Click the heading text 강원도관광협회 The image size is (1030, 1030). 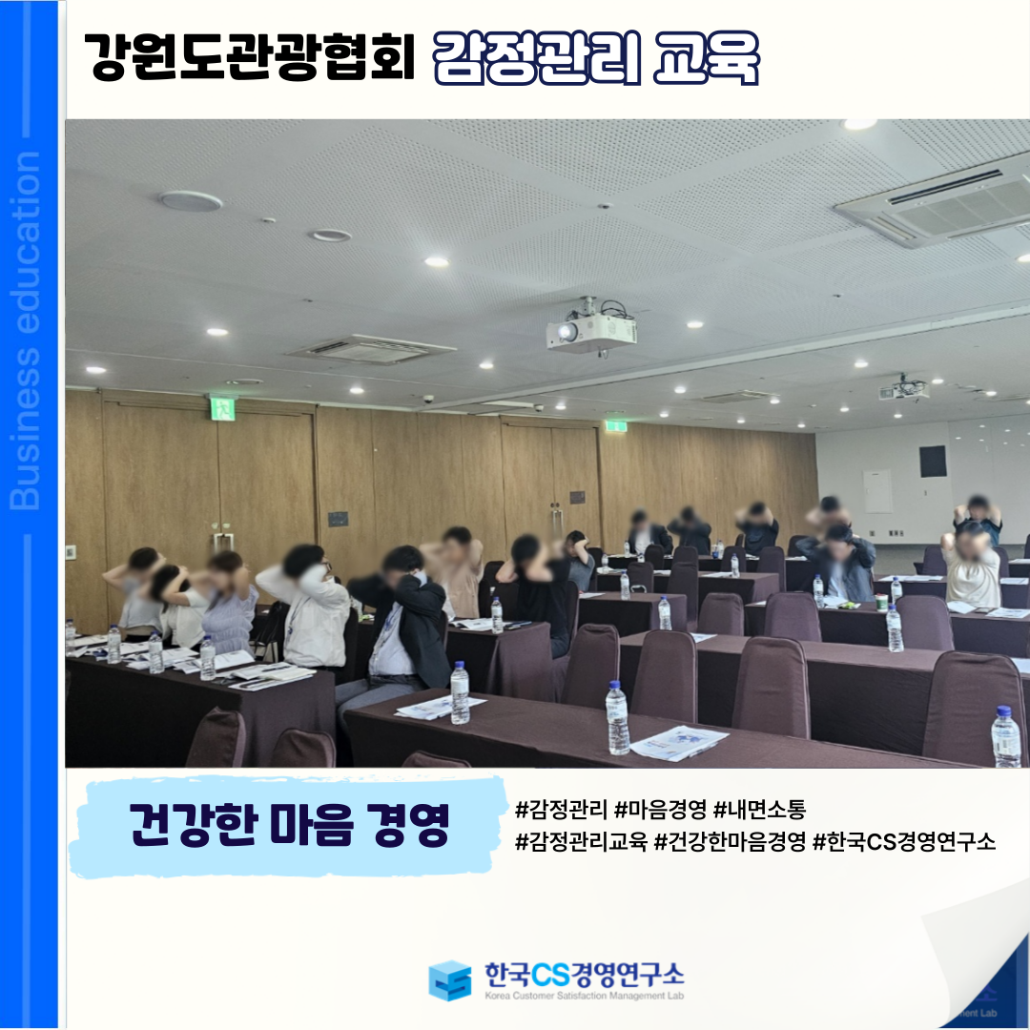[249, 57]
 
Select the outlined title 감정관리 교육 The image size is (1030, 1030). [596, 58]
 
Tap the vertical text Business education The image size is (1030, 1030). [25, 330]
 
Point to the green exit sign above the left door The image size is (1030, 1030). [222, 408]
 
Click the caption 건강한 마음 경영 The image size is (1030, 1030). [289, 824]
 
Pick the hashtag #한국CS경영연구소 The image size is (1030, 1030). [904, 841]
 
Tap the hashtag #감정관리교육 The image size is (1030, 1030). [582, 841]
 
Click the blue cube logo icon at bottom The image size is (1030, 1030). [449, 980]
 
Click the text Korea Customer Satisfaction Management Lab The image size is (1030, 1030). [584, 996]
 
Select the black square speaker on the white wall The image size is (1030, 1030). [932, 462]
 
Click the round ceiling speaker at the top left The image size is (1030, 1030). [191, 201]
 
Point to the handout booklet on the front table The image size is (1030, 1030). [679, 742]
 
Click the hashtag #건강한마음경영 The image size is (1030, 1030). [730, 841]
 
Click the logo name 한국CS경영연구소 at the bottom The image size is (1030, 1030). [584, 974]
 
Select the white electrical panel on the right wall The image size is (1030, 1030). [877, 491]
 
